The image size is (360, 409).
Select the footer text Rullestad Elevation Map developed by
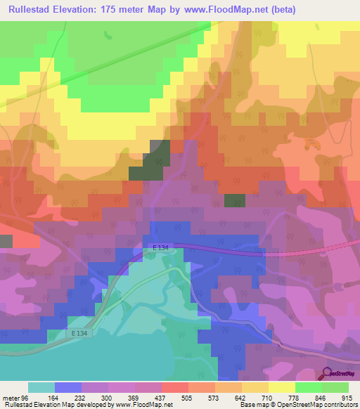tap(56, 404)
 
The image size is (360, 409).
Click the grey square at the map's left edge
tap(6, 241)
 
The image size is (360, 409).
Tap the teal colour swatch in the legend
tap(41, 387)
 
